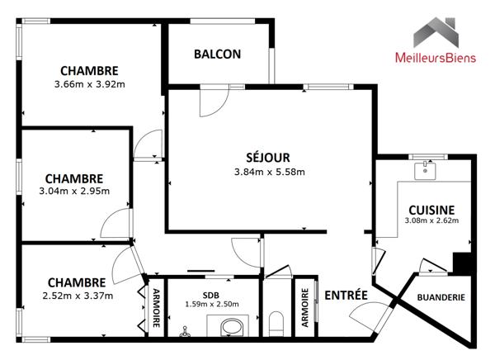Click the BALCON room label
(x=218, y=54)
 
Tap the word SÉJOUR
(x=269, y=158)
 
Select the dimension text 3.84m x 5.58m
(x=270, y=173)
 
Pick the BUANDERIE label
(x=441, y=297)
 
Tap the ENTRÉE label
(x=346, y=296)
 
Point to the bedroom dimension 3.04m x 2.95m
(x=73, y=192)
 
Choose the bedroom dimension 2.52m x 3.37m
(x=76, y=296)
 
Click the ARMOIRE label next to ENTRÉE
(x=305, y=308)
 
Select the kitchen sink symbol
(x=427, y=171)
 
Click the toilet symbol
(x=276, y=323)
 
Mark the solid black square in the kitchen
(x=462, y=263)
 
